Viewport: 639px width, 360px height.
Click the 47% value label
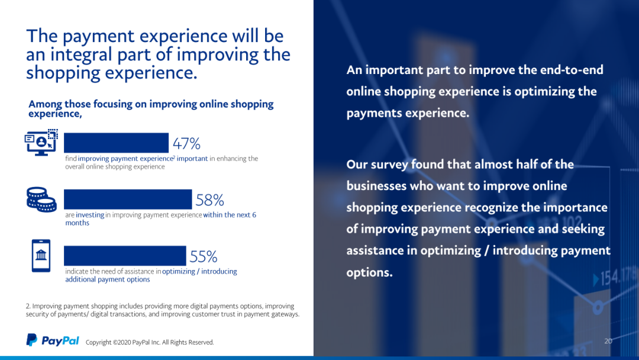point(186,143)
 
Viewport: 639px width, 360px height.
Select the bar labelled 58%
point(128,200)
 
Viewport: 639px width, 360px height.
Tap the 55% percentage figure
point(204,256)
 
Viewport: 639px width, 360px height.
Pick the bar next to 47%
point(116,143)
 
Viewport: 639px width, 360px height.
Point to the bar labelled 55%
point(125,256)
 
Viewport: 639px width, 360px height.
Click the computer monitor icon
point(41,143)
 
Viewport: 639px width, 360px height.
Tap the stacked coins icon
point(41,200)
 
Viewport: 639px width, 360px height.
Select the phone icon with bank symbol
point(41,256)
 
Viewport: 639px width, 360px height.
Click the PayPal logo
point(53,340)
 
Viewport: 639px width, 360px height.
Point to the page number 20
point(608,341)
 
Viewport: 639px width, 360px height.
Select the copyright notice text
point(150,342)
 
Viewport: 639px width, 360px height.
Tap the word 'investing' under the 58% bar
point(90,215)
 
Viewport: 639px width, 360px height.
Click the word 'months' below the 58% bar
point(77,223)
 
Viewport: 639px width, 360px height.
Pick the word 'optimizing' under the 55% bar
point(179,272)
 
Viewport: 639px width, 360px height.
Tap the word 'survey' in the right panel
point(389,165)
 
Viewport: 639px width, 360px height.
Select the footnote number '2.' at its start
point(28,306)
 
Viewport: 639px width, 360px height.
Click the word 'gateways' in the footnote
point(285,314)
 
